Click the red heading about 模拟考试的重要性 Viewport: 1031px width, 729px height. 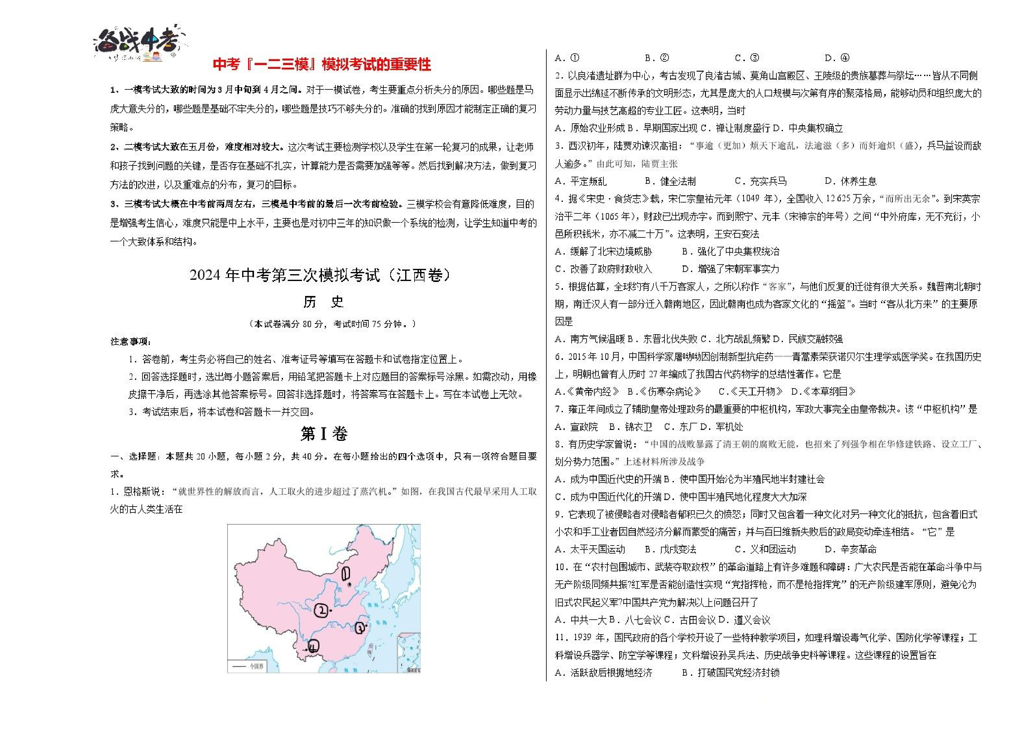322,64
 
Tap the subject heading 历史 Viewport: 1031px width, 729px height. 323,302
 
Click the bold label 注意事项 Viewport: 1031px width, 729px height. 131,342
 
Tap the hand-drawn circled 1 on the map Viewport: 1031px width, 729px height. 346,574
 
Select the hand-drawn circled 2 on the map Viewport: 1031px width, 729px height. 322,611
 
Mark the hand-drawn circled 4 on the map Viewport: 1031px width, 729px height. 313,646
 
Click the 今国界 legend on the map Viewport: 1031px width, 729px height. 250,666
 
